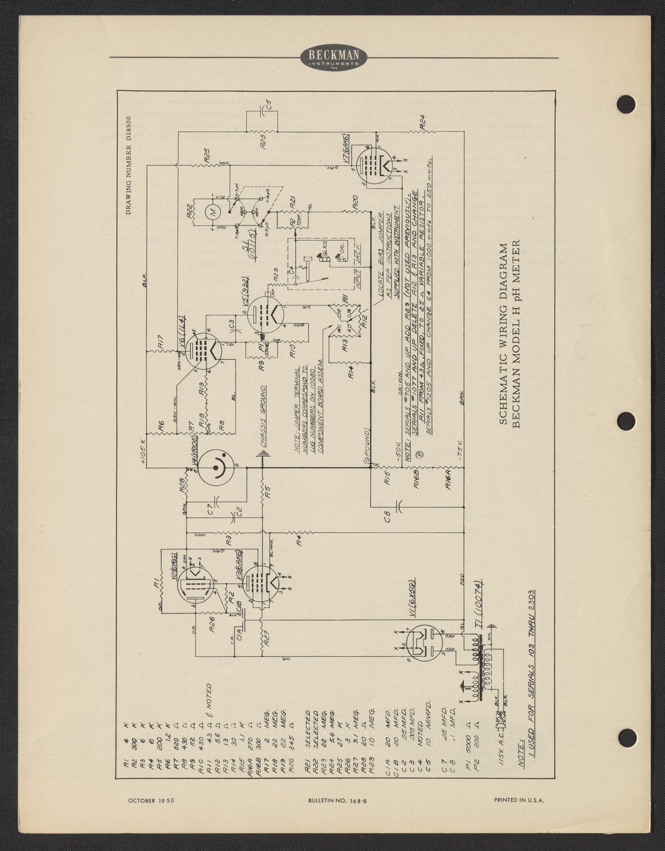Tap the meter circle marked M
tap(211, 211)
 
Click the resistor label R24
tap(422, 122)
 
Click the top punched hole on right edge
tap(626, 104)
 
